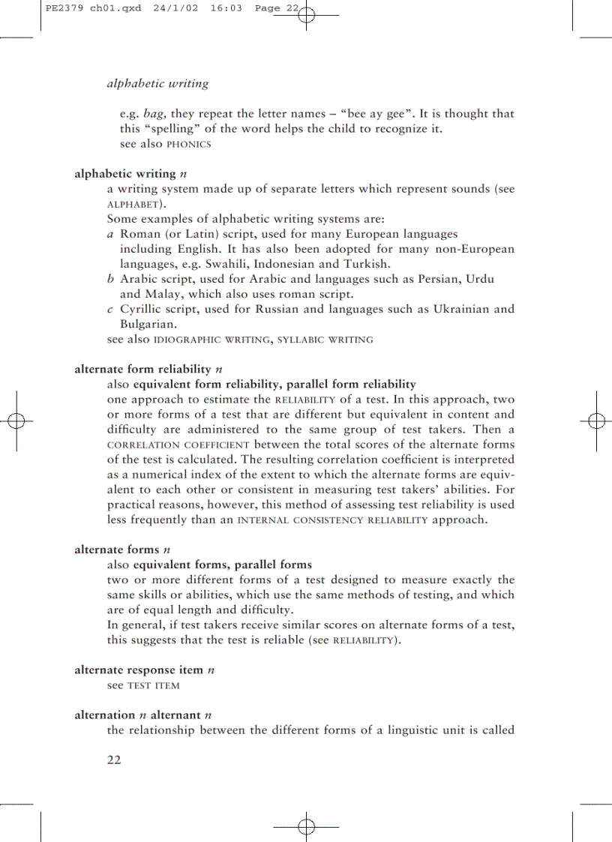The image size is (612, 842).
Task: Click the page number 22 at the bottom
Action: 114,760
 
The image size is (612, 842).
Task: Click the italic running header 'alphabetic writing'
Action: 157,83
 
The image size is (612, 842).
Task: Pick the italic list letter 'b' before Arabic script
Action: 111,279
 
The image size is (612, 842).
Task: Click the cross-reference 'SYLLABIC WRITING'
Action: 325,340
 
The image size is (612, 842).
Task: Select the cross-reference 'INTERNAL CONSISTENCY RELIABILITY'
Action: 332,520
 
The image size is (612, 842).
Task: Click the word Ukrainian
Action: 443,309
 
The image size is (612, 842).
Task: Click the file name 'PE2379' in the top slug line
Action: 61,9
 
